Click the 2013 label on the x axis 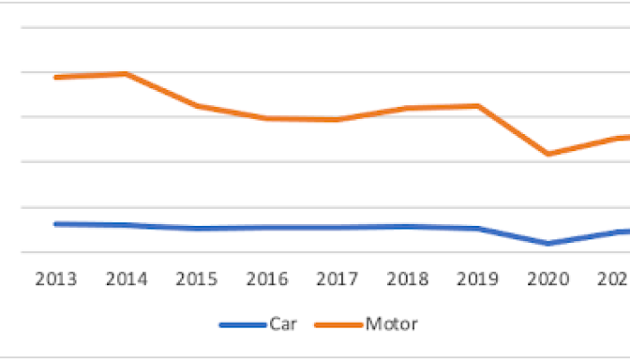point(56,279)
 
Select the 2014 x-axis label point(126,279)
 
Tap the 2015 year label point(196,279)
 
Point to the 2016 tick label point(267,279)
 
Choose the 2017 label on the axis point(337,279)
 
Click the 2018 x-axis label point(408,279)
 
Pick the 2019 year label point(478,279)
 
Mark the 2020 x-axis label point(548,279)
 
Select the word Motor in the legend point(391,323)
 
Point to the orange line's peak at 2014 point(126,74)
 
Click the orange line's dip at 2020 point(548,154)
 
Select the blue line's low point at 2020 point(548,243)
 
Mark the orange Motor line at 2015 point(196,105)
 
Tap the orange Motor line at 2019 point(478,105)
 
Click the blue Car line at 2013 point(56,223)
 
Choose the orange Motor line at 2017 point(337,120)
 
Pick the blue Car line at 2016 point(267,228)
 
